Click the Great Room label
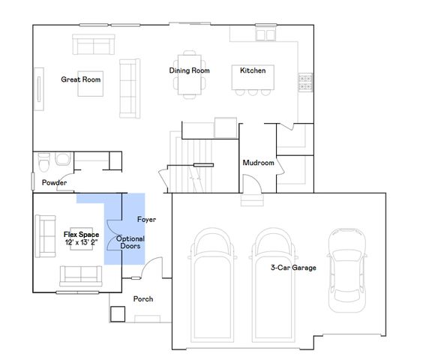tap(81, 79)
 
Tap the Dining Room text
tap(189, 70)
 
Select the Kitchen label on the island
tap(253, 70)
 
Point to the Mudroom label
tap(258, 163)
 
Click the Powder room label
tap(54, 182)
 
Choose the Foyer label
tap(147, 220)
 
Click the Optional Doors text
tap(130, 242)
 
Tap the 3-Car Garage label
tap(293, 268)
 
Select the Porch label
tap(143, 299)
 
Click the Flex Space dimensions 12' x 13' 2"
tap(81, 242)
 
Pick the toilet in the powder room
tap(44, 162)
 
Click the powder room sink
tap(63, 159)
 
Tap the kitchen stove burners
tap(305, 82)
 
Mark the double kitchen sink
tap(265, 35)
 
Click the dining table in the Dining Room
tap(189, 75)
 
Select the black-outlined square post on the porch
tap(118, 314)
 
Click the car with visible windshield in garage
tap(347, 270)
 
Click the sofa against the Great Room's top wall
tap(94, 44)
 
